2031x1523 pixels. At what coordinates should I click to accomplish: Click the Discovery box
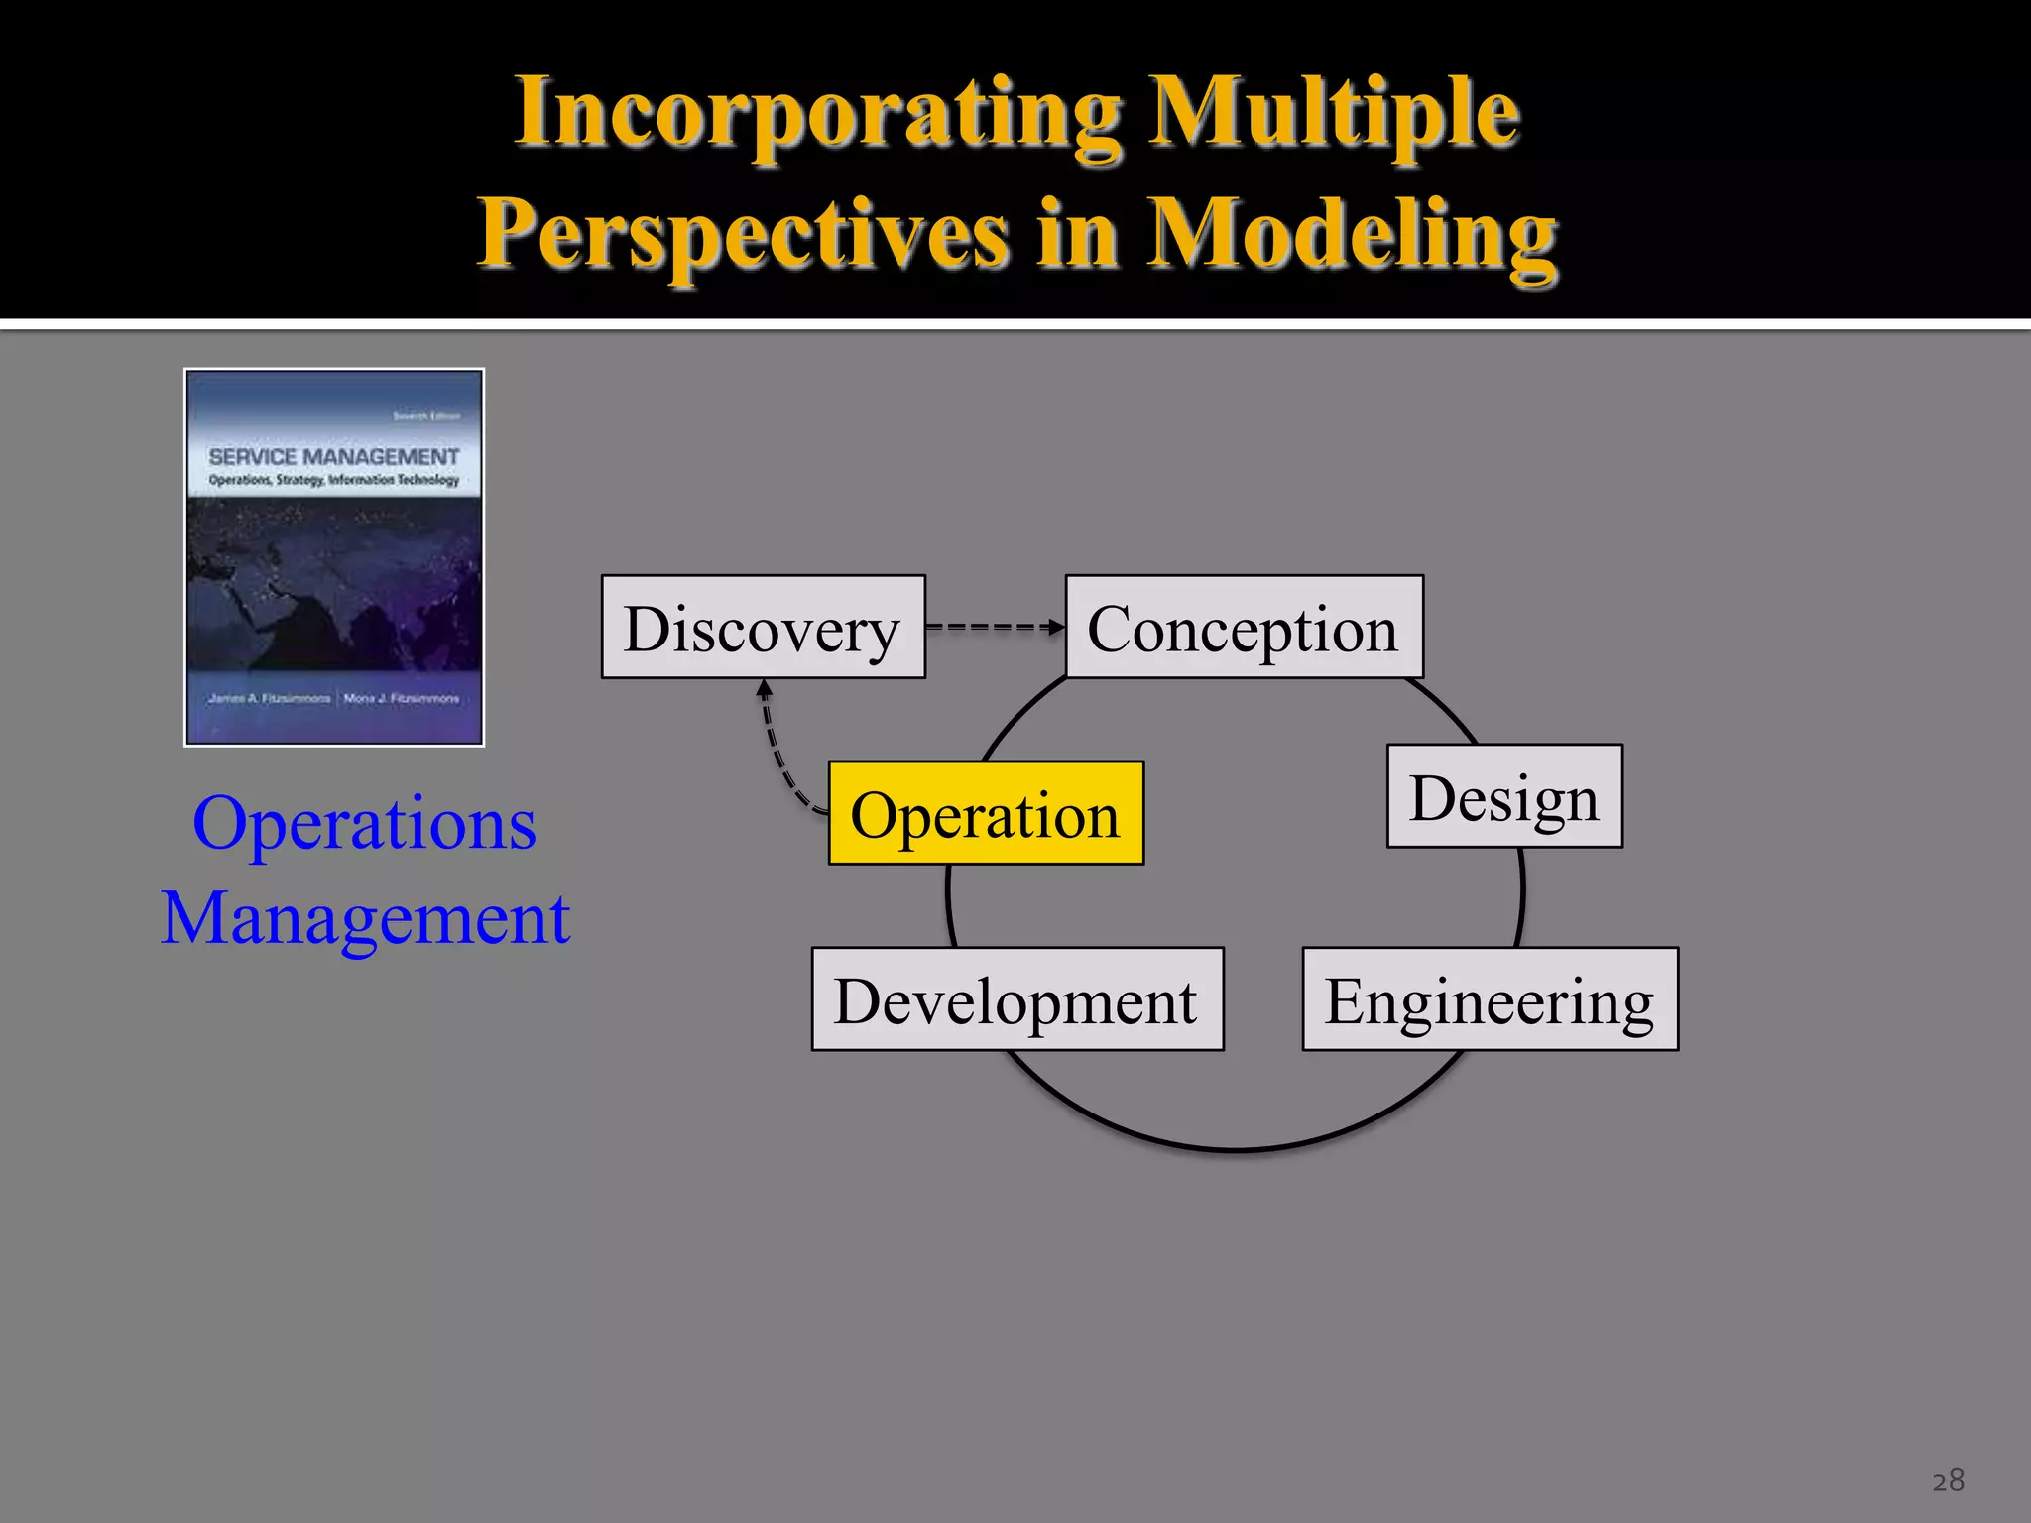(763, 628)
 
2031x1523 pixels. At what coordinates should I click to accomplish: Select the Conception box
(1244, 628)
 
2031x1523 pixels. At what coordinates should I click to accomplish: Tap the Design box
(1503, 796)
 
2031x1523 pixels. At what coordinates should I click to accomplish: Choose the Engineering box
(1490, 999)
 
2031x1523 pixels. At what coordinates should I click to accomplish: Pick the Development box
(1016, 999)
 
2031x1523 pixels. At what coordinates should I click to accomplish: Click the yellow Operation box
(986, 814)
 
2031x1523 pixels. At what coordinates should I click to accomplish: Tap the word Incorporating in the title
(818, 114)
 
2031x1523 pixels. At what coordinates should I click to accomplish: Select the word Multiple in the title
(1334, 114)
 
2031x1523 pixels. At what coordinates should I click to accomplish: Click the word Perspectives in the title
(744, 235)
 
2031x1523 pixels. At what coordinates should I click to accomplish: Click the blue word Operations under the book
(364, 823)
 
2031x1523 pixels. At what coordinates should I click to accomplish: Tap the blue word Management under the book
(365, 918)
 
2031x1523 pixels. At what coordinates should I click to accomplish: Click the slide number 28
(1948, 1480)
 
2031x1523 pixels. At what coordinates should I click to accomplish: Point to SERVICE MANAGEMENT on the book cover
(333, 457)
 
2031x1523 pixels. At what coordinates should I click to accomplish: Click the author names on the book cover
(333, 698)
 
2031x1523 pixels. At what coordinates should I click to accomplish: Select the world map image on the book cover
(333, 585)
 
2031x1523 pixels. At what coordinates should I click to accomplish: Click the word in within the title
(1079, 235)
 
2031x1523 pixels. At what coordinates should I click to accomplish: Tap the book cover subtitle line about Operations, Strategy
(333, 480)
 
